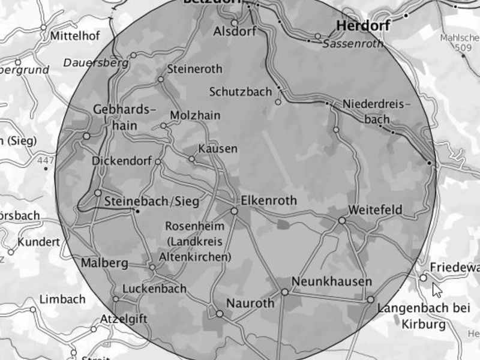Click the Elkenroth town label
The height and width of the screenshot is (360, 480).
pos(268,200)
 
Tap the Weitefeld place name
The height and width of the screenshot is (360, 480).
pos(375,211)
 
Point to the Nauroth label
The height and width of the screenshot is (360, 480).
pos(250,303)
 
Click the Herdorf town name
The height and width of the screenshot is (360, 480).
pos(363,26)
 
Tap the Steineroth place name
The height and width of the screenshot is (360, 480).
pos(195,69)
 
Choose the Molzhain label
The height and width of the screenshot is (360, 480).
pos(195,115)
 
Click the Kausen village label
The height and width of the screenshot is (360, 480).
pos(218,148)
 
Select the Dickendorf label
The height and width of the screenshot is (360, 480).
pos(122,161)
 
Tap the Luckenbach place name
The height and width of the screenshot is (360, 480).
pos(154,289)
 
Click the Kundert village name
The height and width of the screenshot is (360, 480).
pos(39,242)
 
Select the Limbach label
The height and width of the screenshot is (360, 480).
pos(62,299)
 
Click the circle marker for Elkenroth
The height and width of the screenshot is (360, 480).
pos(235,211)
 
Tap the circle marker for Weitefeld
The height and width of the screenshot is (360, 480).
pos(341,221)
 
